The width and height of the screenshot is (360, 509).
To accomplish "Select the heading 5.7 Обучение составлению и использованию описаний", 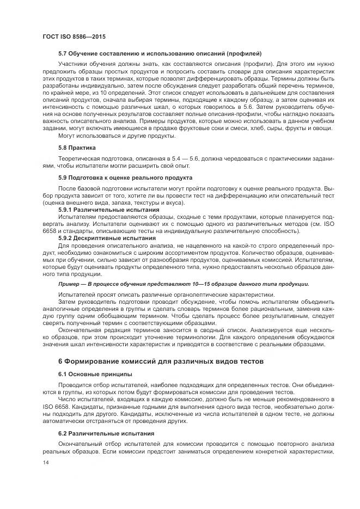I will pos(160,54).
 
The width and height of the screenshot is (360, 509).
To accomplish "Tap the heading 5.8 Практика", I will pos(77,148).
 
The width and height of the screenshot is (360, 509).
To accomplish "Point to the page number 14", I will pos(46,462).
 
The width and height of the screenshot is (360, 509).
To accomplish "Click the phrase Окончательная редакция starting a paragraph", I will pos(90,330).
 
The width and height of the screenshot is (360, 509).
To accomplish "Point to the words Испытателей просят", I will pos(85,295).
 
